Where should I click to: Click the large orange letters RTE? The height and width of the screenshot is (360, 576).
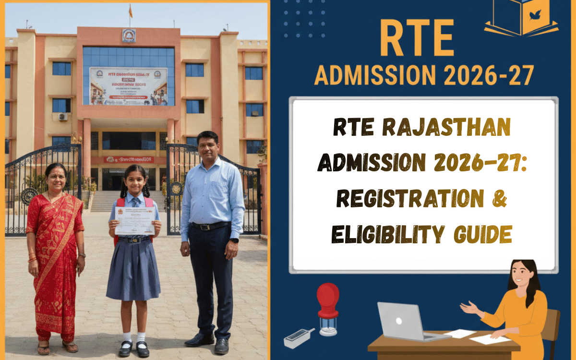coord(417,38)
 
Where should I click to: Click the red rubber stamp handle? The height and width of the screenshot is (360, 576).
coord(328,295)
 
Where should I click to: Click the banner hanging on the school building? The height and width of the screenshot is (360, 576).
coord(128,86)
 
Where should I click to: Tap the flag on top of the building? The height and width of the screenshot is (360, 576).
coord(130,10)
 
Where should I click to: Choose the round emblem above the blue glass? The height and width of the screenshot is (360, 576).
coord(129,35)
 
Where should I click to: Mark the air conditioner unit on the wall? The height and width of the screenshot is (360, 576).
coord(63,116)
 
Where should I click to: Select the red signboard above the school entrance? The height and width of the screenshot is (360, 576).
coord(129,159)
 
